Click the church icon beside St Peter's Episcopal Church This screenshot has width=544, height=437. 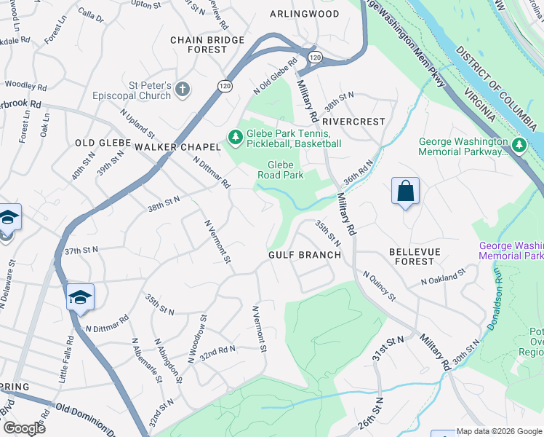[182, 90]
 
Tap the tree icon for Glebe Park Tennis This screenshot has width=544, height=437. [235, 136]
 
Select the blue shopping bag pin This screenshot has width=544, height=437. [405, 192]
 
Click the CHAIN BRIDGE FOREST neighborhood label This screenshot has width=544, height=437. [199, 44]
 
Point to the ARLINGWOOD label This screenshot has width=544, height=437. [305, 14]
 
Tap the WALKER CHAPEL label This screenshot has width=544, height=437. [177, 147]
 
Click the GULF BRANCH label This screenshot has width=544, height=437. [304, 255]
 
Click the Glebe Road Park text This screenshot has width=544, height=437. [280, 170]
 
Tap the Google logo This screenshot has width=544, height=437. [24, 428]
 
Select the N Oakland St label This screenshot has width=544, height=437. [442, 277]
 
